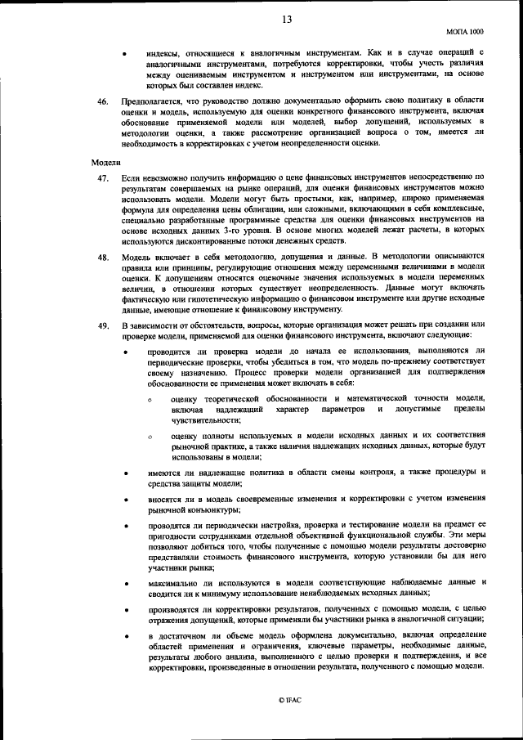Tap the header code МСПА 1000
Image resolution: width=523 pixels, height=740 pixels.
(x=466, y=31)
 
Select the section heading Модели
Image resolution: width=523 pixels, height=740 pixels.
(x=105, y=163)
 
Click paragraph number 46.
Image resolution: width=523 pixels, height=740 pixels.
(x=102, y=101)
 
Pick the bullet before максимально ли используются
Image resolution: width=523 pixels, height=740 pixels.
(x=124, y=582)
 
